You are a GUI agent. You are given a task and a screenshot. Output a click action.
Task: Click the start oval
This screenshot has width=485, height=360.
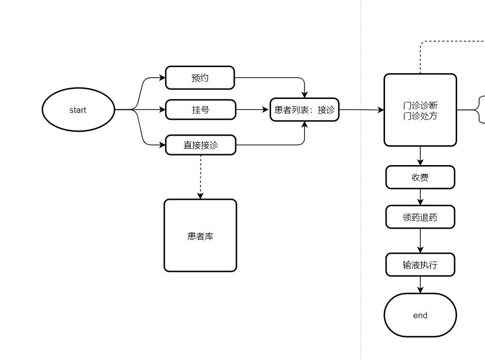click(x=78, y=110)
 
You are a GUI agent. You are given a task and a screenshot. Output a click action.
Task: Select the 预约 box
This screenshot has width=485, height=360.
click(x=199, y=78)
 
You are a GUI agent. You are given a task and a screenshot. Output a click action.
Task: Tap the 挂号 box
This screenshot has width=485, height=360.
click(x=200, y=110)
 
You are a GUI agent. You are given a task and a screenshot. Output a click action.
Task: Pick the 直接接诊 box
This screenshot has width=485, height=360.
click(x=200, y=145)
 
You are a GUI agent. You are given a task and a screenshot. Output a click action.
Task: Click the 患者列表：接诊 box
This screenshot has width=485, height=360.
click(x=304, y=110)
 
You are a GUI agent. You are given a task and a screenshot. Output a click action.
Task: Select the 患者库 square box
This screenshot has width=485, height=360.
click(x=200, y=236)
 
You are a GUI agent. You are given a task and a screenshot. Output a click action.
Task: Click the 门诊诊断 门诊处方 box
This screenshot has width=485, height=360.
click(x=420, y=110)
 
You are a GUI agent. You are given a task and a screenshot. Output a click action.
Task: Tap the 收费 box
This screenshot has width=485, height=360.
click(x=420, y=178)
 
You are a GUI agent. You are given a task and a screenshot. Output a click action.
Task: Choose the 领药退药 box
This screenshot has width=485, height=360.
click(x=420, y=217)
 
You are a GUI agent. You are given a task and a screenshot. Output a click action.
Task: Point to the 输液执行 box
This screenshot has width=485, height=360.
click(x=420, y=265)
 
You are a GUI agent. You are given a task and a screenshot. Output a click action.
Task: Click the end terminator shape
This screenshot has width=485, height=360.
click(x=420, y=315)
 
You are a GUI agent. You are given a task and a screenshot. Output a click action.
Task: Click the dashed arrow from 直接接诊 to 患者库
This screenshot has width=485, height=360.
click(x=200, y=177)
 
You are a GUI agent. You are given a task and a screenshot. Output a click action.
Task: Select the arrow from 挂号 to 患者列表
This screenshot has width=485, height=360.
click(x=252, y=110)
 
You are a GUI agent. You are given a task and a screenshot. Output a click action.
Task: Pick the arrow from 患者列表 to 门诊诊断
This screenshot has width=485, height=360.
click(x=362, y=110)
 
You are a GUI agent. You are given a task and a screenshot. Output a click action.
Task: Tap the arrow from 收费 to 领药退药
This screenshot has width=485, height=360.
click(x=420, y=197)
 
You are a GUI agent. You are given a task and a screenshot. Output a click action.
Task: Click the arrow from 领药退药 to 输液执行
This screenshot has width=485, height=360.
click(x=420, y=241)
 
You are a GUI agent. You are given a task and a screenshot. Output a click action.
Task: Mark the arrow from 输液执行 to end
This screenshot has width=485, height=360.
click(x=420, y=284)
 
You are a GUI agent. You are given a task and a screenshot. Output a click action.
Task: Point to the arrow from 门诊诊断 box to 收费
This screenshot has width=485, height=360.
click(x=420, y=156)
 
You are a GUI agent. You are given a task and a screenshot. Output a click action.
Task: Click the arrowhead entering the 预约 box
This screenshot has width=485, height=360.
click(x=161, y=78)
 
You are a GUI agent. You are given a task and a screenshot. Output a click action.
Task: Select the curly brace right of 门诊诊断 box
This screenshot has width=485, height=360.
click(x=481, y=110)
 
